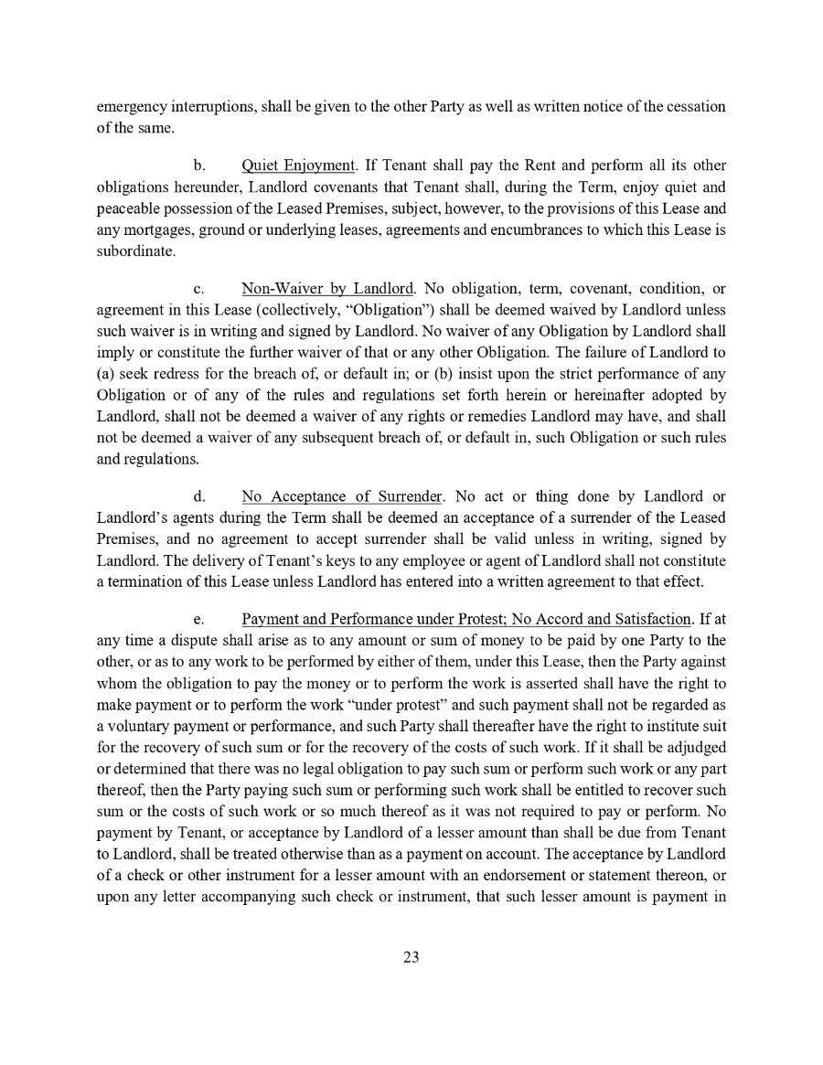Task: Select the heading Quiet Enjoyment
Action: click(298, 165)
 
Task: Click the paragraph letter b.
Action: click(198, 165)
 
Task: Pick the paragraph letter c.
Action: click(198, 290)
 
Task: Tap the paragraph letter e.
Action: click(198, 622)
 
